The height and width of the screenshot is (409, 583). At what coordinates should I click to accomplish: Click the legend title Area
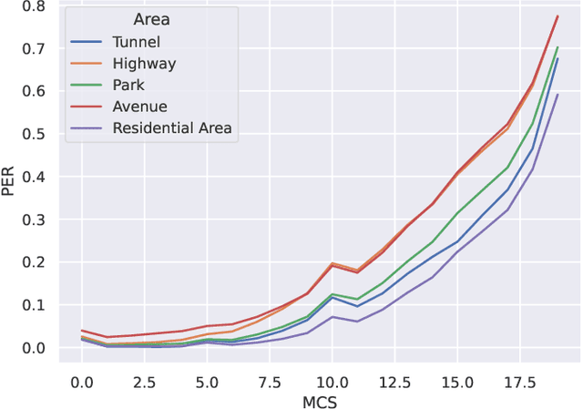click(151, 19)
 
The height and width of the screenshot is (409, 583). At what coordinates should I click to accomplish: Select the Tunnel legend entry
click(137, 42)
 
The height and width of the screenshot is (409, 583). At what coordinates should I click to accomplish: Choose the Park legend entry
click(130, 85)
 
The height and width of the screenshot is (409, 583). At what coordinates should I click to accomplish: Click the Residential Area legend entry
click(172, 128)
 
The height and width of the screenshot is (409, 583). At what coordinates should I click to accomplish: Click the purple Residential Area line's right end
click(557, 95)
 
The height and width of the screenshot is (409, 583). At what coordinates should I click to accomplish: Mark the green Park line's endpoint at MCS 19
click(557, 47)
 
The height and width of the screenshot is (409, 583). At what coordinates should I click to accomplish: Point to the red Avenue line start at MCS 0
click(82, 331)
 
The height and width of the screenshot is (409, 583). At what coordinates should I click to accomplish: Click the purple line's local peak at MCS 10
click(332, 316)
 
